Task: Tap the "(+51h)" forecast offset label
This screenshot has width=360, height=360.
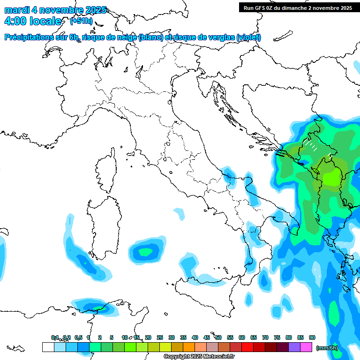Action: tap(82, 21)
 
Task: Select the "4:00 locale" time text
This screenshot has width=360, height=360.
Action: tap(32, 21)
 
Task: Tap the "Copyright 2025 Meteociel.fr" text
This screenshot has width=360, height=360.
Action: tap(199, 357)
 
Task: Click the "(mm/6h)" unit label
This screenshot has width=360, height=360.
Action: tap(327, 348)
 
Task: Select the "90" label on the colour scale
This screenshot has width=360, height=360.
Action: tap(312, 337)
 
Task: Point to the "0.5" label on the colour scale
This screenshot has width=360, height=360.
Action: tap(78, 337)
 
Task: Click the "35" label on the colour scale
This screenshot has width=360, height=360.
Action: tap(183, 337)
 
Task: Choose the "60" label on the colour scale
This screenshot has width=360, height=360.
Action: tap(242, 337)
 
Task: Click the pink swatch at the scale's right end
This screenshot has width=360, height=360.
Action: tap(306, 347)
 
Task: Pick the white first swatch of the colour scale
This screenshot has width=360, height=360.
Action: tap(48, 347)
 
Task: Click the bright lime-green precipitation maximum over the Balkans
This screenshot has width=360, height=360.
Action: tap(332, 178)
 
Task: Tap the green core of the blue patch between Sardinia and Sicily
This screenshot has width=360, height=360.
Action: tap(146, 252)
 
